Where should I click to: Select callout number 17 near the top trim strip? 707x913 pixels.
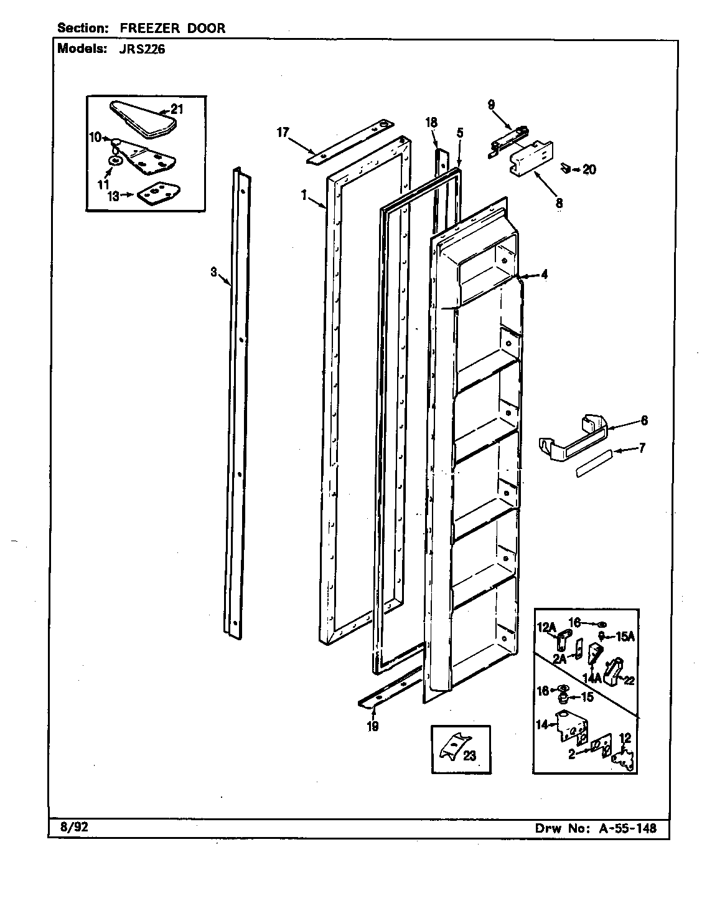point(283,132)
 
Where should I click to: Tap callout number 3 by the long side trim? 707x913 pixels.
point(213,272)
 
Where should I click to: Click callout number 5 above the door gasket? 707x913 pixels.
point(460,133)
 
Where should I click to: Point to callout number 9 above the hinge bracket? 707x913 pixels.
point(491,105)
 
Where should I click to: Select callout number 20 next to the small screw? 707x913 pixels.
point(589,169)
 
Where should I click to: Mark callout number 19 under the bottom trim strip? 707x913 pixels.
point(372,726)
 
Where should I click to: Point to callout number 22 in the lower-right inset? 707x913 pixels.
point(629,681)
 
